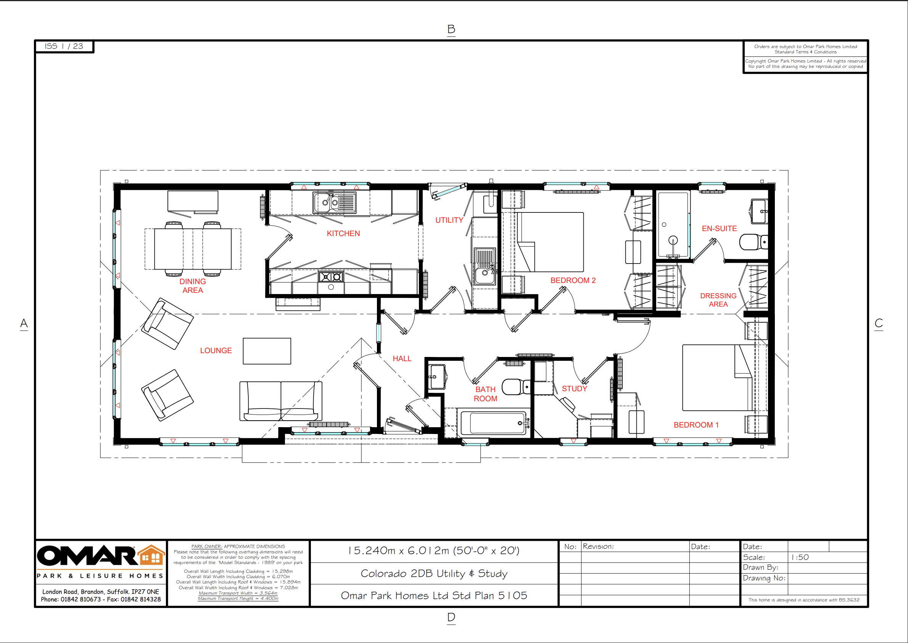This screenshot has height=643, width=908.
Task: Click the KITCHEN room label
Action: pos(343,234)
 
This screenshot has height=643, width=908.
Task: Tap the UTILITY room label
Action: pos(449,220)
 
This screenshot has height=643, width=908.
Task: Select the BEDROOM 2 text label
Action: pos(573,280)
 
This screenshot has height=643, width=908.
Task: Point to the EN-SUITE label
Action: pos(719,228)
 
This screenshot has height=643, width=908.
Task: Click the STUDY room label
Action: pos(574,389)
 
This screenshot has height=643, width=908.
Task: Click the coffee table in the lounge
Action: pos(267,351)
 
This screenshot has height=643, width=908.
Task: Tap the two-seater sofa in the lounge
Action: pos(280,401)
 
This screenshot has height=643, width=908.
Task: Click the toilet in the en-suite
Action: pos(752,242)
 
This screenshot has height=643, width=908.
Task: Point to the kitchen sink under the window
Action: pos(334,203)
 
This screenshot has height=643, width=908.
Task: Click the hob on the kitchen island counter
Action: pos(331,277)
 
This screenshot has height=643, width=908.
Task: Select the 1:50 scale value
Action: pos(800,557)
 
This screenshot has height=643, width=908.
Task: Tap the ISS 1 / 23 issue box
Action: pos(64,46)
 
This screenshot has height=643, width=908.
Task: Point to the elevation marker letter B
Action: pos(451,29)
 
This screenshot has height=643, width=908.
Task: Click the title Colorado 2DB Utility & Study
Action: pos(434,573)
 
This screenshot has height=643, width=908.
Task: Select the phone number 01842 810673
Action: pos(80,599)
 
